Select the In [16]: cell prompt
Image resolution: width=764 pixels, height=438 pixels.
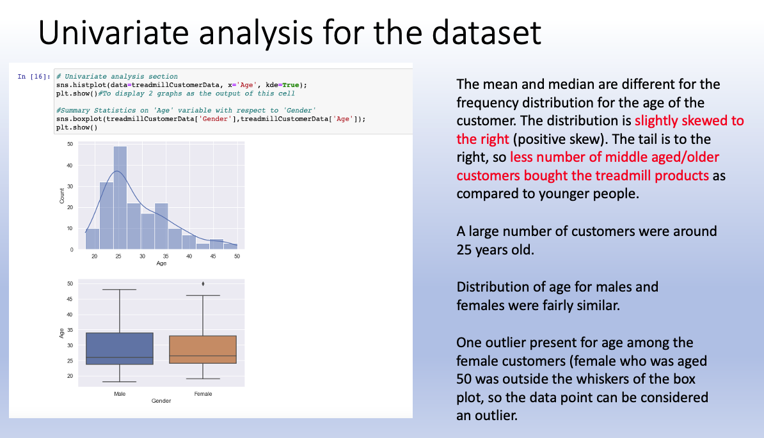point(33,77)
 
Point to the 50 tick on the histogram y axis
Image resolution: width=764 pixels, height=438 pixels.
point(69,145)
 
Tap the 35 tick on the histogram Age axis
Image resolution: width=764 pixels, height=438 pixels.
point(166,256)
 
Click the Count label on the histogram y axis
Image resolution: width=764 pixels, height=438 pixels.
point(61,196)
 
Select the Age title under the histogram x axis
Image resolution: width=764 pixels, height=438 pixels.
point(161,263)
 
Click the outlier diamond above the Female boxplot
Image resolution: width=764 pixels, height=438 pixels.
point(203,283)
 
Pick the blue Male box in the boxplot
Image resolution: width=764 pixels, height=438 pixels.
point(119,348)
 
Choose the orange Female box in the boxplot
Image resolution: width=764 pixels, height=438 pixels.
point(203,349)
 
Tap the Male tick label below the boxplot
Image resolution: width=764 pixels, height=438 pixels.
point(119,394)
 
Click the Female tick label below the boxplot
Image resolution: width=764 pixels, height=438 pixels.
point(203,394)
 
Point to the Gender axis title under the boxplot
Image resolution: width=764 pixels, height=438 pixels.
point(161,401)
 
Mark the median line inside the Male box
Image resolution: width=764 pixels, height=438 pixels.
point(119,357)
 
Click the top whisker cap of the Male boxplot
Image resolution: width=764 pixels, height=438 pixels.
point(119,290)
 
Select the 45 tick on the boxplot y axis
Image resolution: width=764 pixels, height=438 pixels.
point(69,299)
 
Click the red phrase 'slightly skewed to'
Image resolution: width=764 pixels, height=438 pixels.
point(688,121)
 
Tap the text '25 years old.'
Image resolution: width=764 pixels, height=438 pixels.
point(494,249)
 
